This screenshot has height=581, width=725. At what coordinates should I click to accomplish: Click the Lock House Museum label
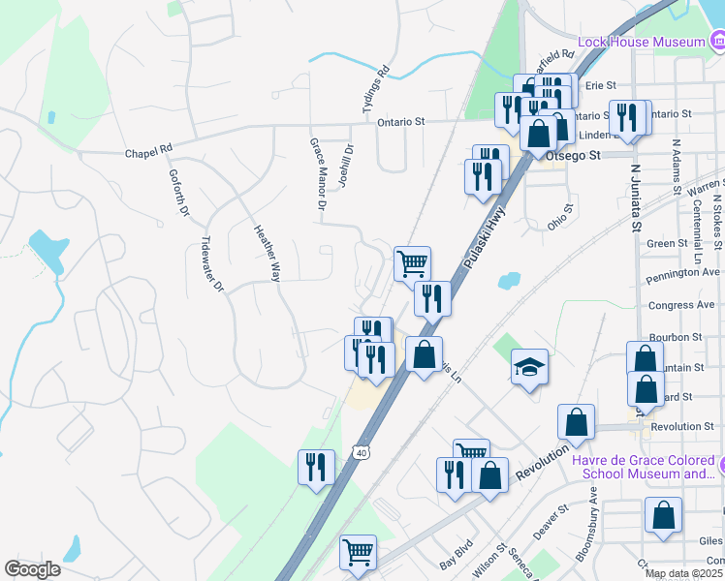click(x=641, y=42)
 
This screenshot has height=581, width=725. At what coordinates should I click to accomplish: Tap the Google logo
click(x=32, y=569)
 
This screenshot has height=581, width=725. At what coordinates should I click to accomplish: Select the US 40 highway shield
click(x=361, y=452)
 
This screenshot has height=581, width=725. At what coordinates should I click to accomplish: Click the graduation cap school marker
click(x=530, y=368)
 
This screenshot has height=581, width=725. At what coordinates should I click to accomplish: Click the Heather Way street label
click(x=266, y=254)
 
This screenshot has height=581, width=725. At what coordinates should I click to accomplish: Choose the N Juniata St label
click(x=638, y=199)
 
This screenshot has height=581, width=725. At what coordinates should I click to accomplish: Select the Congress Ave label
click(x=681, y=305)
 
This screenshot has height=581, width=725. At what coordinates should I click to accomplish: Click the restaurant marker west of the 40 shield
click(x=316, y=469)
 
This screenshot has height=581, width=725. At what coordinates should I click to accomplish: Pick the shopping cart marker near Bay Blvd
click(x=358, y=553)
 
